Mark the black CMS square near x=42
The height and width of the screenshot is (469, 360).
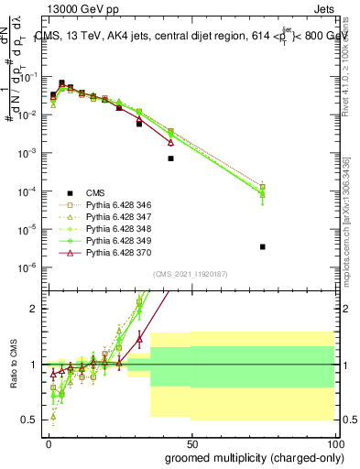click(x=170, y=158)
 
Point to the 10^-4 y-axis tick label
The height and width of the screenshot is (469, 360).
click(x=27, y=191)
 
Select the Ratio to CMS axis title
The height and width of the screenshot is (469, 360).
click(x=12, y=365)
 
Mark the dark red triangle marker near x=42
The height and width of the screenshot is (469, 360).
click(x=170, y=142)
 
